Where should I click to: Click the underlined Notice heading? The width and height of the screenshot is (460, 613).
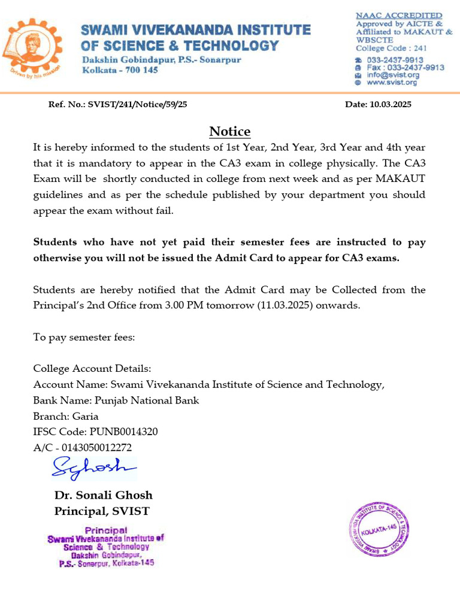tap(229, 132)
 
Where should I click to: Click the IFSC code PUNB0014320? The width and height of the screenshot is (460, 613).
tap(123, 432)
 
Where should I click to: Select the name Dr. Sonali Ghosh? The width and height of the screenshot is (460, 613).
tap(103, 495)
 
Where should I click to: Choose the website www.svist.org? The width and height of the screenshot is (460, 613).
tap(392, 83)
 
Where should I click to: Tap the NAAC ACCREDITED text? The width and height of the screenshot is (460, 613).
tap(399, 15)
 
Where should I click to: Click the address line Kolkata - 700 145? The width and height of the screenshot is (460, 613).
tap(120, 70)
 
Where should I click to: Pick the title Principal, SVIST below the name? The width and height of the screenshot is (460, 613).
tap(102, 511)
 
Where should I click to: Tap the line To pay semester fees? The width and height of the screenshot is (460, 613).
tap(84, 338)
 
